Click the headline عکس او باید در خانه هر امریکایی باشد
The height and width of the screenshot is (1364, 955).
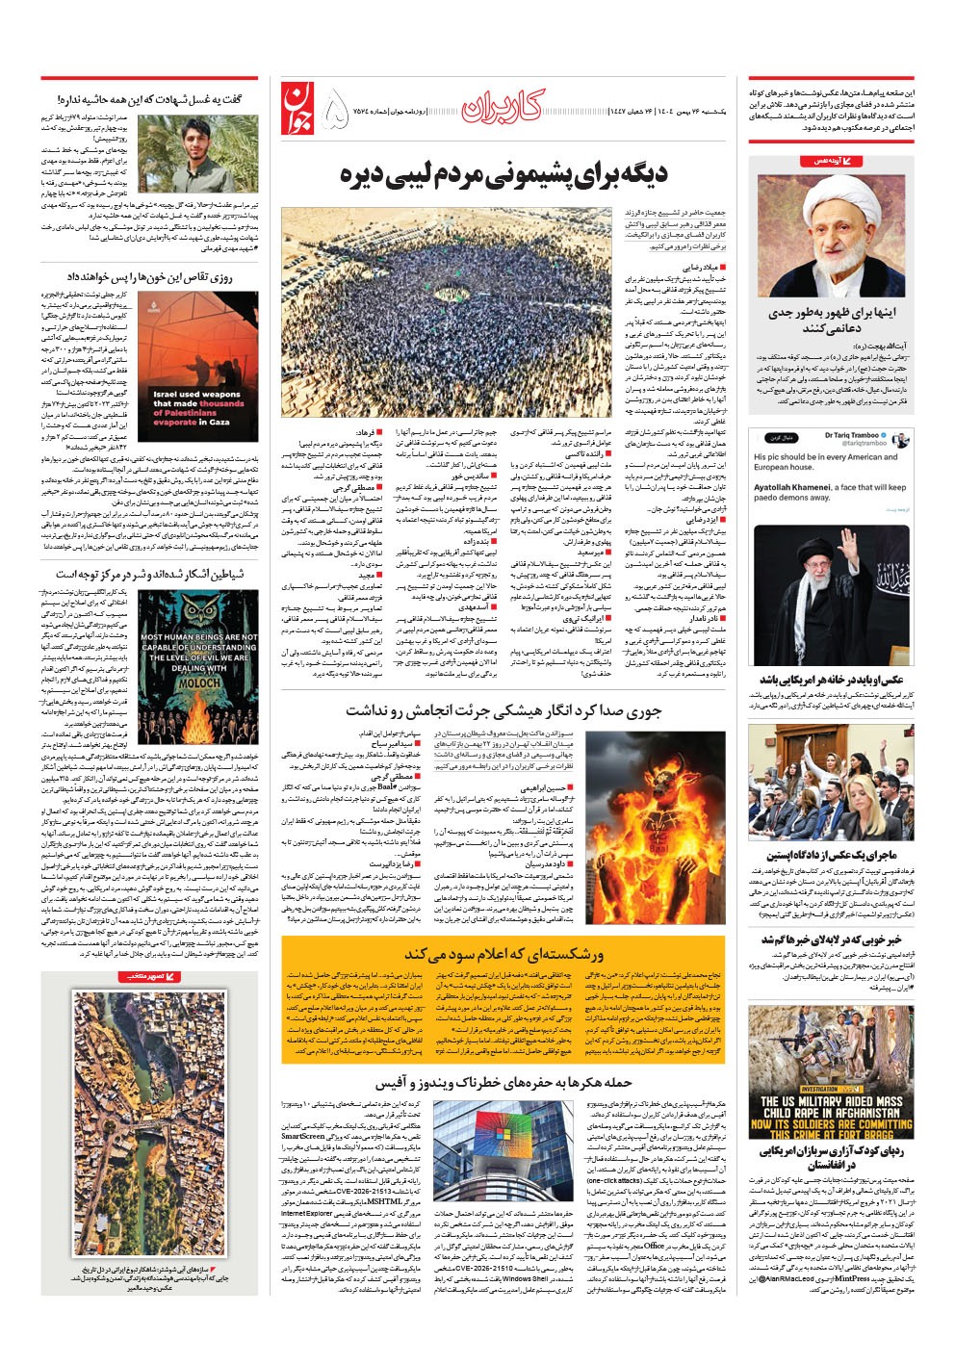tap(830, 680)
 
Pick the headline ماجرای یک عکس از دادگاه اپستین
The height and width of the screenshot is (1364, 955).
tap(831, 855)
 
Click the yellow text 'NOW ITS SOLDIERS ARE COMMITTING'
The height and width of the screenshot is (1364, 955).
tap(831, 1123)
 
